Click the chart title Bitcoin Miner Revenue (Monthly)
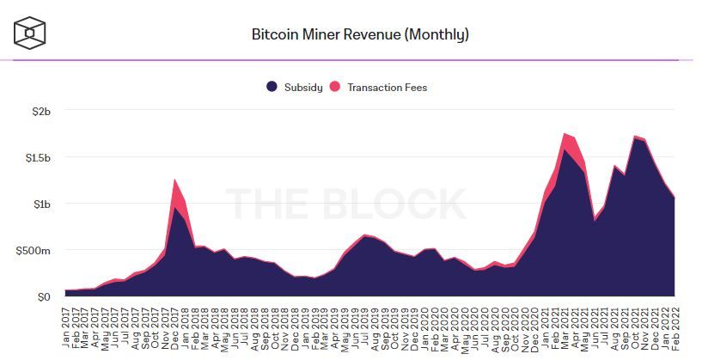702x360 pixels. coord(359,35)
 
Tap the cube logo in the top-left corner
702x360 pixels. coord(30,33)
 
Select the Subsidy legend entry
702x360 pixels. coord(302,87)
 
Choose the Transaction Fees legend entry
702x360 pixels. coord(387,87)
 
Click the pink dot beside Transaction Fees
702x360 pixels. coord(337,87)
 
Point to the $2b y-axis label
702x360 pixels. coord(42,112)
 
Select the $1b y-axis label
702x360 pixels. coord(42,204)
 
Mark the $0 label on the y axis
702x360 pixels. coord(45,297)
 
